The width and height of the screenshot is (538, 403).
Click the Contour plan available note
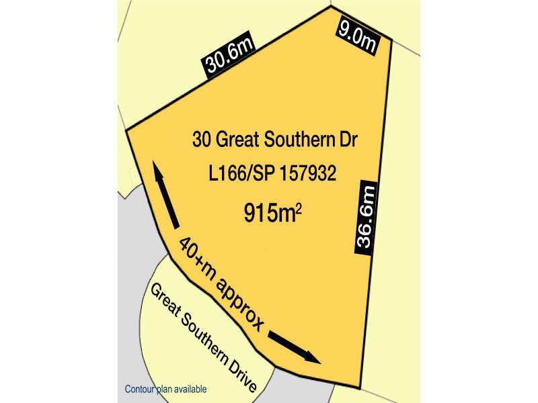165,389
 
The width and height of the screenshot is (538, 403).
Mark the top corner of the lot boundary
330,7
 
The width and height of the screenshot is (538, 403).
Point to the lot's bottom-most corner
359,388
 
